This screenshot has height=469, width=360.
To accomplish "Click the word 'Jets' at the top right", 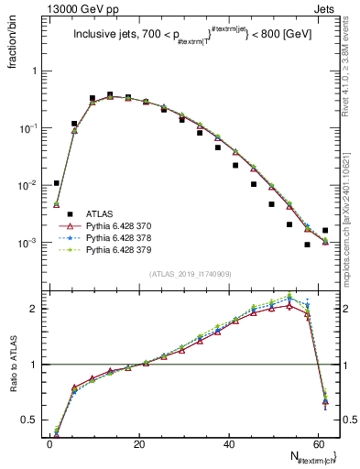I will [x=329, y=8].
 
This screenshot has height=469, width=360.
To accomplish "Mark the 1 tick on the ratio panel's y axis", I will [x=37, y=365].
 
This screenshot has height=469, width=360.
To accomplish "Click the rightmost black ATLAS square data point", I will [x=325, y=231].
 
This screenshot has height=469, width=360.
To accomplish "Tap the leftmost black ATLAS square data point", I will [x=57, y=183].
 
